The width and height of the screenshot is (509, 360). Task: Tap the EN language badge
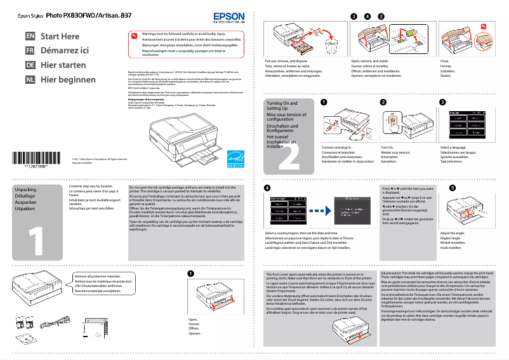click(30, 37)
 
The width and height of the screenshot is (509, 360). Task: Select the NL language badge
click(30, 80)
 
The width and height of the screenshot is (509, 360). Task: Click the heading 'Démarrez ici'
click(64, 51)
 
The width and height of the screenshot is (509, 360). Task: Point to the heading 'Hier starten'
click(63, 65)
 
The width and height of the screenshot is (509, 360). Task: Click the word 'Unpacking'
click(25, 190)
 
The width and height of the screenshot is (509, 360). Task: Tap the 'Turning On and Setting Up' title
click(281, 105)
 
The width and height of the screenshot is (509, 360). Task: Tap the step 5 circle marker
click(452, 188)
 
